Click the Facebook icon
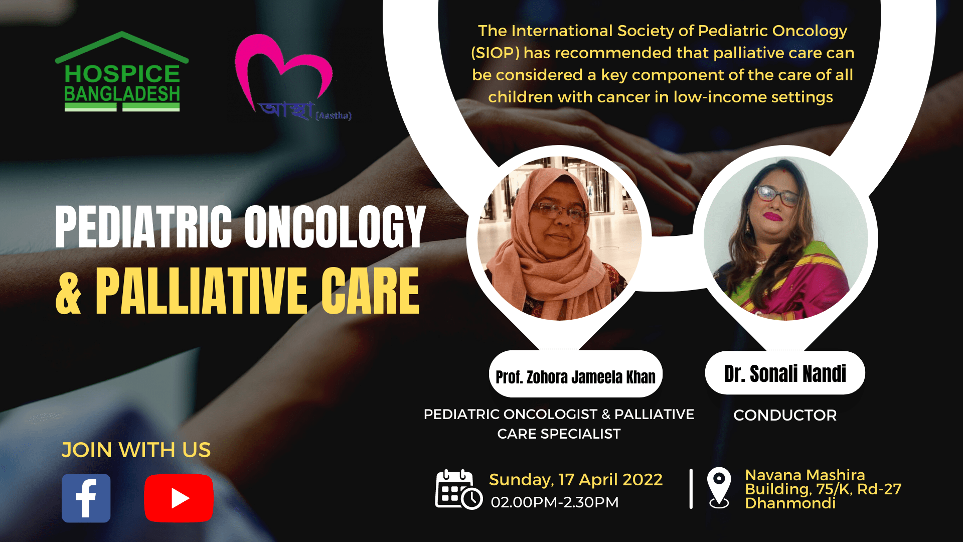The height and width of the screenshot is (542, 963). (86, 498)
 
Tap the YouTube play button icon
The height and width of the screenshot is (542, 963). (179, 498)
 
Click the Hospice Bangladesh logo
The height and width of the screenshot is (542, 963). (122, 72)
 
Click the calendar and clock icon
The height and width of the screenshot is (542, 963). (458, 489)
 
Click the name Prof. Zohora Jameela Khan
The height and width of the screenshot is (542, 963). (575, 377)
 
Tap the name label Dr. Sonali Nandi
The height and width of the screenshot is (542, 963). (785, 373)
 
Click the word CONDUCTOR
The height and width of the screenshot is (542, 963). (785, 415)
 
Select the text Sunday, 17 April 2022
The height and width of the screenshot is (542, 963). (576, 480)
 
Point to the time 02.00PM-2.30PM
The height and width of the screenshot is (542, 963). (555, 502)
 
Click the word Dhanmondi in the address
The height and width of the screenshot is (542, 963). (790, 503)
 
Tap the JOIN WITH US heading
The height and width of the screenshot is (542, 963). (136, 450)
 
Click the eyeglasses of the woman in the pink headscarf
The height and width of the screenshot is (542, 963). (560, 213)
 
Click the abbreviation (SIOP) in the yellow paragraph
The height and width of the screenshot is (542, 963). (495, 53)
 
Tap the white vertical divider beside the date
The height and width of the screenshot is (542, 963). (691, 489)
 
